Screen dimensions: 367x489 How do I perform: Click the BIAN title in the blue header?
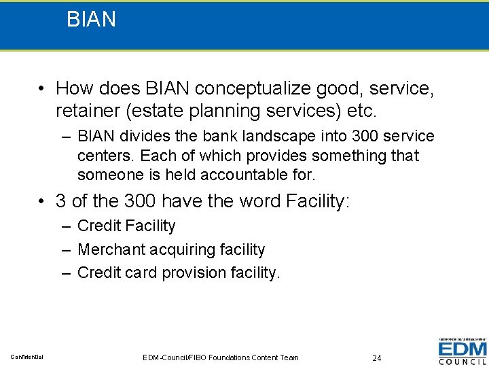[91, 19]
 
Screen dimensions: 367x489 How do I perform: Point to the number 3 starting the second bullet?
[61, 201]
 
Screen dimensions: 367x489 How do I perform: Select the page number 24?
[377, 357]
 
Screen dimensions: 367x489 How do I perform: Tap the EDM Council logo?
[462, 351]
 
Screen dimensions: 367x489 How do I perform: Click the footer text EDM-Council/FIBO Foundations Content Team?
[221, 357]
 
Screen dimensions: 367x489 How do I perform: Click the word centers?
[101, 156]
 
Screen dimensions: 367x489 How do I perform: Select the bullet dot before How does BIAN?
[42, 89]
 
